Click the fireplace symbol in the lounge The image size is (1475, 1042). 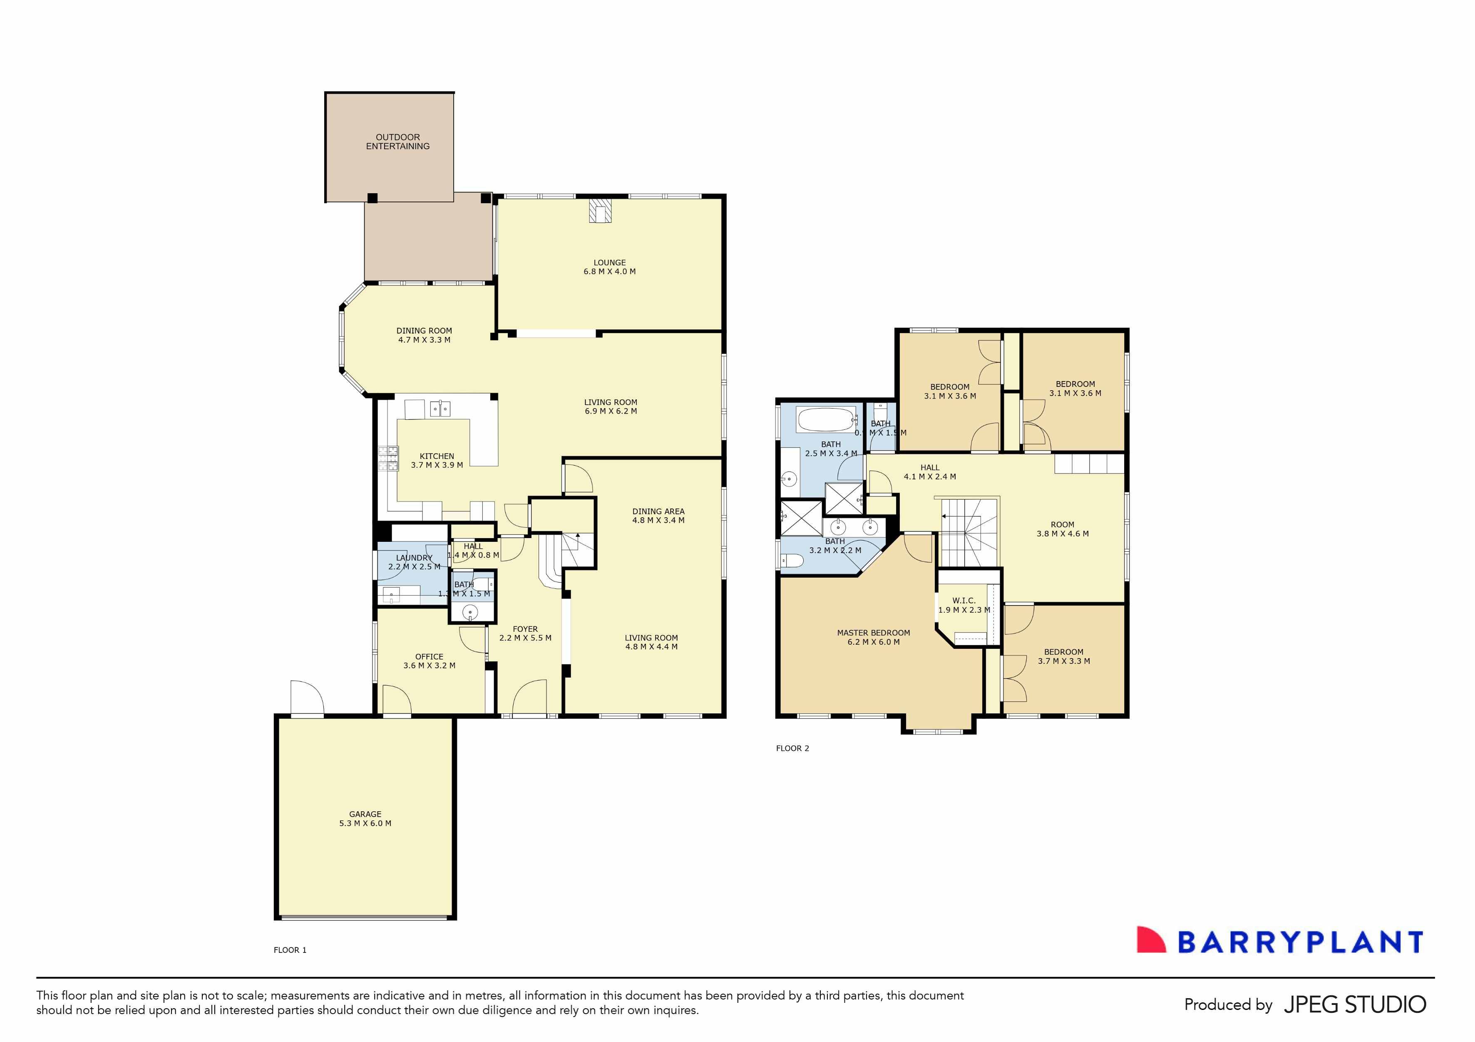click(x=601, y=211)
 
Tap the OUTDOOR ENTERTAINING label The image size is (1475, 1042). click(x=397, y=142)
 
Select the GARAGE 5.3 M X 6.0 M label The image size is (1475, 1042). click(x=365, y=818)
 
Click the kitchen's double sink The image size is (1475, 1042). click(x=440, y=408)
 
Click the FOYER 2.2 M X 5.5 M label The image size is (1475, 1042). click(x=525, y=633)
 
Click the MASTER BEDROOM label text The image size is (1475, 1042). click(x=873, y=633)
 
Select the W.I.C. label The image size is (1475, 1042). click(x=963, y=601)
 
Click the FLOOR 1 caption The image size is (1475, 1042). click(x=290, y=950)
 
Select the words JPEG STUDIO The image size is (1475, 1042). click(x=1355, y=1005)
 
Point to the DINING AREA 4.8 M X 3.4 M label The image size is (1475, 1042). click(x=658, y=516)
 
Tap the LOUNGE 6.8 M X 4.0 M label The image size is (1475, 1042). click(x=609, y=267)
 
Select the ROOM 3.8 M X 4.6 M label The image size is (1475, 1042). click(x=1062, y=528)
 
